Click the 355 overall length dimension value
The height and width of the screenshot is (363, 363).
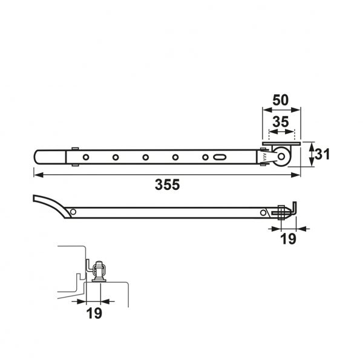[167, 185]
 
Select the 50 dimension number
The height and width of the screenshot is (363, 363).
[281, 100]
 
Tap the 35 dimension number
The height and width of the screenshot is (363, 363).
[281, 122]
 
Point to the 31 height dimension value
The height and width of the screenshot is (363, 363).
[322, 154]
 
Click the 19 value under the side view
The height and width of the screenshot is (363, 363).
[288, 239]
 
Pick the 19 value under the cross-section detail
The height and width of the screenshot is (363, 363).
[94, 313]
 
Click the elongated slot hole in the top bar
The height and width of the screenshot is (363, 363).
[220, 157]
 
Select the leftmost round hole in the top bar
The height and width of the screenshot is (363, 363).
[86, 157]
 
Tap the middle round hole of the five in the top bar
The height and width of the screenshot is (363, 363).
[145, 157]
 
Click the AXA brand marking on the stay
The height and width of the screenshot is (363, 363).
[264, 157]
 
